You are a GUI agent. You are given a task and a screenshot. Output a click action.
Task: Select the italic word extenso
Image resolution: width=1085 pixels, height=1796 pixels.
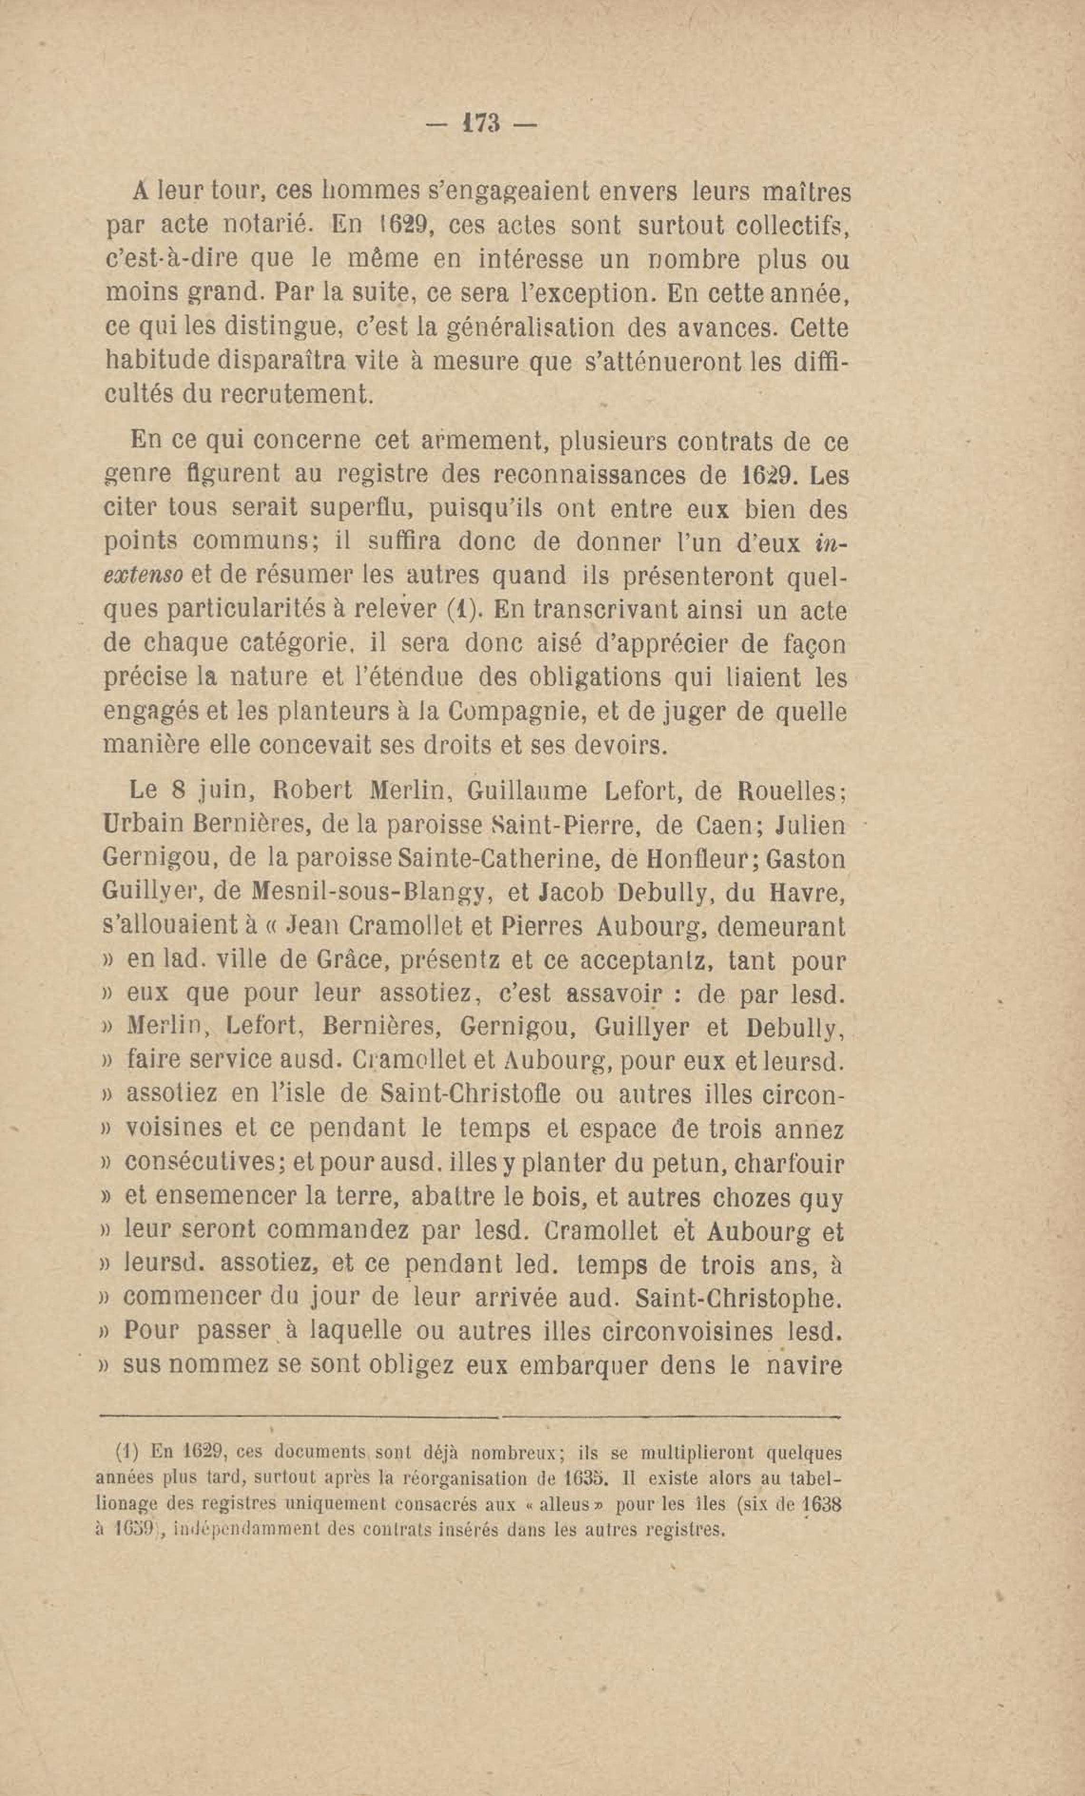click(145, 576)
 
